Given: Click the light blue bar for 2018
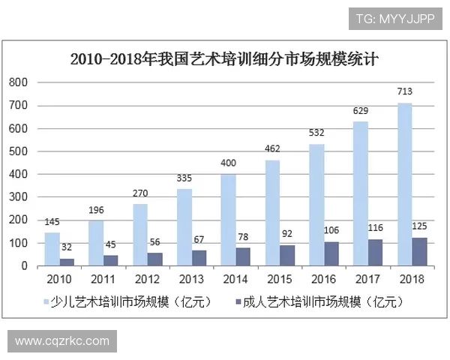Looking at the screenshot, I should (x=404, y=184).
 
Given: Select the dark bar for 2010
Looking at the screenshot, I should (x=67, y=262).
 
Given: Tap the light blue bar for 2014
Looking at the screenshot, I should (x=228, y=220).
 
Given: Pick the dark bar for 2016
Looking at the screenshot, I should (x=331, y=254).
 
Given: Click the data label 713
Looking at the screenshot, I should (x=405, y=92).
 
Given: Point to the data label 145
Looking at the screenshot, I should (x=52, y=222).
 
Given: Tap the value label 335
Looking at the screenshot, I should (x=184, y=178).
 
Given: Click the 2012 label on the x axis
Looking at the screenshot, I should (x=148, y=280).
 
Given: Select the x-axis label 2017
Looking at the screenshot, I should (x=368, y=280).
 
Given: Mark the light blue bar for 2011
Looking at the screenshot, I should (x=96, y=244).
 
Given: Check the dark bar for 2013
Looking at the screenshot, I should (x=199, y=258).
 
